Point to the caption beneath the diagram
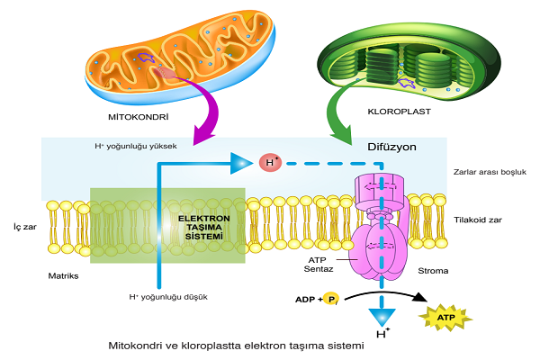pyautogui.click(x=236, y=346)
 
